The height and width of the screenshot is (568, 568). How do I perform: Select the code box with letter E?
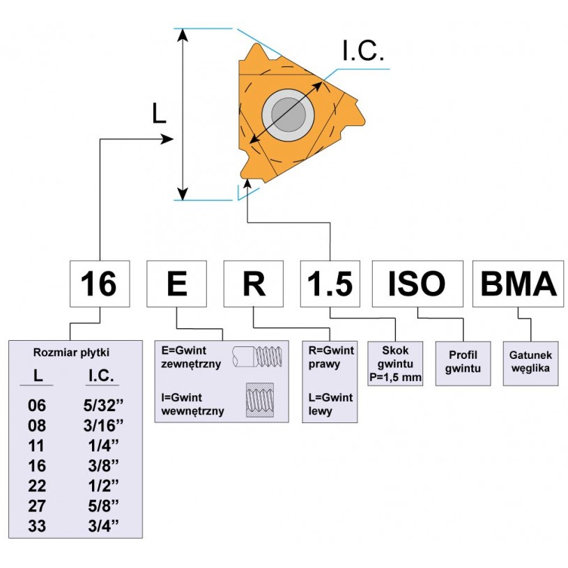[177, 284]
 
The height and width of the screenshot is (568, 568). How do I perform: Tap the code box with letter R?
[252, 284]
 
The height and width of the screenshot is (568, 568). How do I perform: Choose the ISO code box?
[417, 284]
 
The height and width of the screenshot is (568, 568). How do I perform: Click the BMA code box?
[518, 284]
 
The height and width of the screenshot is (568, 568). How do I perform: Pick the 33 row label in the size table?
[37, 526]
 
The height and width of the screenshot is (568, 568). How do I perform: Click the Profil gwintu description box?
[460, 363]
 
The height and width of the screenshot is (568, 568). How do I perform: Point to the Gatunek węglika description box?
[532, 362]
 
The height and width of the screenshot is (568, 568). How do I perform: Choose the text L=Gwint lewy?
[331, 404]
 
